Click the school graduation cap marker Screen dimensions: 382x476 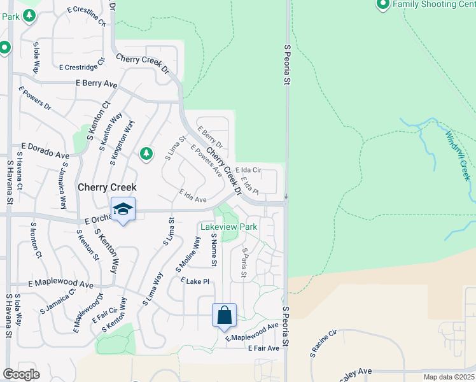[x=123, y=209]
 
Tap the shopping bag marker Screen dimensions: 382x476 [x=224, y=315]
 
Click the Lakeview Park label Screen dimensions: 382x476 [x=228, y=226]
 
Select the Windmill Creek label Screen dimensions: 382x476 [x=457, y=150]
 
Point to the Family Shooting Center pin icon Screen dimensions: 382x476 [x=382, y=5]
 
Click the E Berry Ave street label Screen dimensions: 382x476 [x=97, y=83]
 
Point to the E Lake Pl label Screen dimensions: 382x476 [x=195, y=281]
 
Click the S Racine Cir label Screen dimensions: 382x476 [x=323, y=343]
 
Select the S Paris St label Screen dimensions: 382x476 [x=243, y=263]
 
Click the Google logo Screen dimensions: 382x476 [x=21, y=374]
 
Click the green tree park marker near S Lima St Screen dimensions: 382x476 [x=146, y=153]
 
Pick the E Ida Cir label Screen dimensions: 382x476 [x=248, y=171]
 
